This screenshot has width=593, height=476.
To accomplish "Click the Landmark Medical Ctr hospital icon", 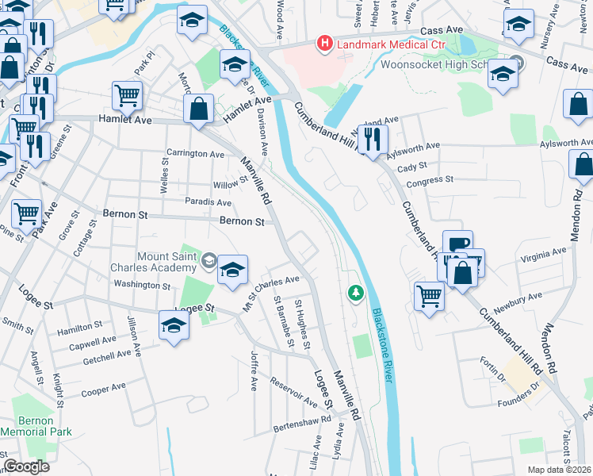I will point(323,43).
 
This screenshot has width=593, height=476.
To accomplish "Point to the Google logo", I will point(26,466).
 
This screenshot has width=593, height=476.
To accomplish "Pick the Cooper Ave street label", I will point(104,390).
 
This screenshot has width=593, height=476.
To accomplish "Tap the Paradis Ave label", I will point(208,202).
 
